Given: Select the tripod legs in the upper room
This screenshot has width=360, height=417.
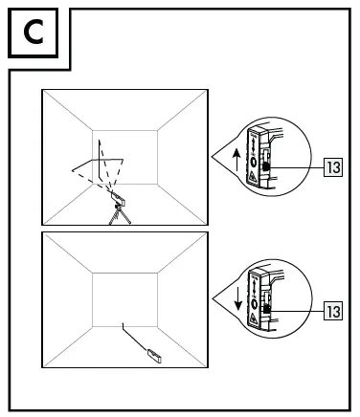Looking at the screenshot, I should pyautogui.click(x=120, y=217).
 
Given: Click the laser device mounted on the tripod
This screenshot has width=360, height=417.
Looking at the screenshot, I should pyautogui.click(x=120, y=200).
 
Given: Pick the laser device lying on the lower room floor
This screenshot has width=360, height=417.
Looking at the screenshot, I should pyautogui.click(x=152, y=355).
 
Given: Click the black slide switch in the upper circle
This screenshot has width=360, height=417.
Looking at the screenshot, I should pyautogui.click(x=266, y=165).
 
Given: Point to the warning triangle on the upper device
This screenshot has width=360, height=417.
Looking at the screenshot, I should pyautogui.click(x=253, y=178).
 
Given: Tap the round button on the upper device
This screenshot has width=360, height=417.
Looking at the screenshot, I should pyautogui.click(x=253, y=161).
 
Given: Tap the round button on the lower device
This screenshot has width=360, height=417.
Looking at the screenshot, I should pyautogui.click(x=253, y=298).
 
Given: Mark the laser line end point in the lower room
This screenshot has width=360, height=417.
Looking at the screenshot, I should pyautogui.click(x=122, y=326).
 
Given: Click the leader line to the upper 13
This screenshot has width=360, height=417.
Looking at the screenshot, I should pyautogui.click(x=297, y=165).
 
